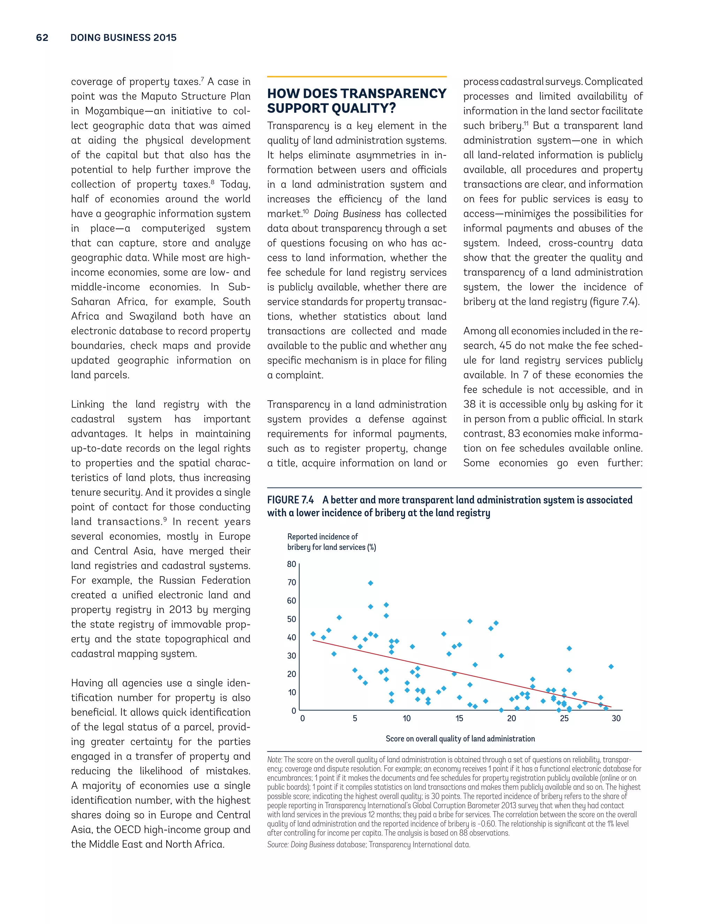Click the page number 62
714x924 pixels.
42,38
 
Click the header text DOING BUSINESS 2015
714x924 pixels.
123,38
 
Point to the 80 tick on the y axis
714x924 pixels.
291,564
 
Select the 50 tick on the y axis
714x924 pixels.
291,619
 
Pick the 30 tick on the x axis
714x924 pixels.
616,718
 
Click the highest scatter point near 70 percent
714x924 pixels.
371,583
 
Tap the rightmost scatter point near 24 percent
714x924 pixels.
611,667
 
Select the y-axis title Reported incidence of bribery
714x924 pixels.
331,542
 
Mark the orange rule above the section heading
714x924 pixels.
357,77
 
